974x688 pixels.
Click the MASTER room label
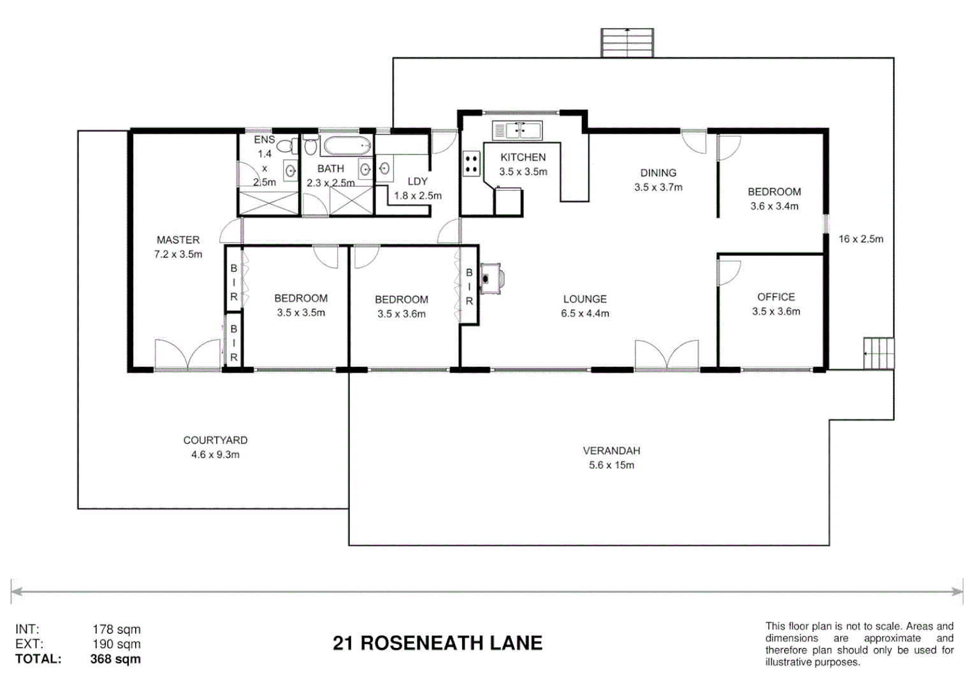pyautogui.click(x=178, y=240)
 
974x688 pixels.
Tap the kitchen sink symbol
pyautogui.click(x=518, y=131)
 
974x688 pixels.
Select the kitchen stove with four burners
pyautogui.click(x=471, y=163)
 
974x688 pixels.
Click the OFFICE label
pyautogui.click(x=776, y=297)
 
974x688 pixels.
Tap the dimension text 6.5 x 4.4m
pyautogui.click(x=585, y=313)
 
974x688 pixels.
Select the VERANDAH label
pyautogui.click(x=611, y=450)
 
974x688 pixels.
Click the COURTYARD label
pyautogui.click(x=215, y=440)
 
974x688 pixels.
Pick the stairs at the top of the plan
pyautogui.click(x=627, y=43)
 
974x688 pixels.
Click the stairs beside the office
pyautogui.click(x=878, y=353)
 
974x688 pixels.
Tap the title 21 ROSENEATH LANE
pyautogui.click(x=437, y=643)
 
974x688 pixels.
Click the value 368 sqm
pyautogui.click(x=115, y=659)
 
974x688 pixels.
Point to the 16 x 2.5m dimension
pyautogui.click(x=861, y=239)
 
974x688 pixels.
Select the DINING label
pyautogui.click(x=658, y=173)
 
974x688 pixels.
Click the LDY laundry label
pyautogui.click(x=418, y=182)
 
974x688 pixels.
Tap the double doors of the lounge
pyautogui.click(x=666, y=355)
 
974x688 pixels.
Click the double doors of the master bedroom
pyautogui.click(x=187, y=354)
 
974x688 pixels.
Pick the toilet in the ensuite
pyautogui.click(x=287, y=147)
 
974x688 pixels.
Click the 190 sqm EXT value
pyautogui.click(x=116, y=644)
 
